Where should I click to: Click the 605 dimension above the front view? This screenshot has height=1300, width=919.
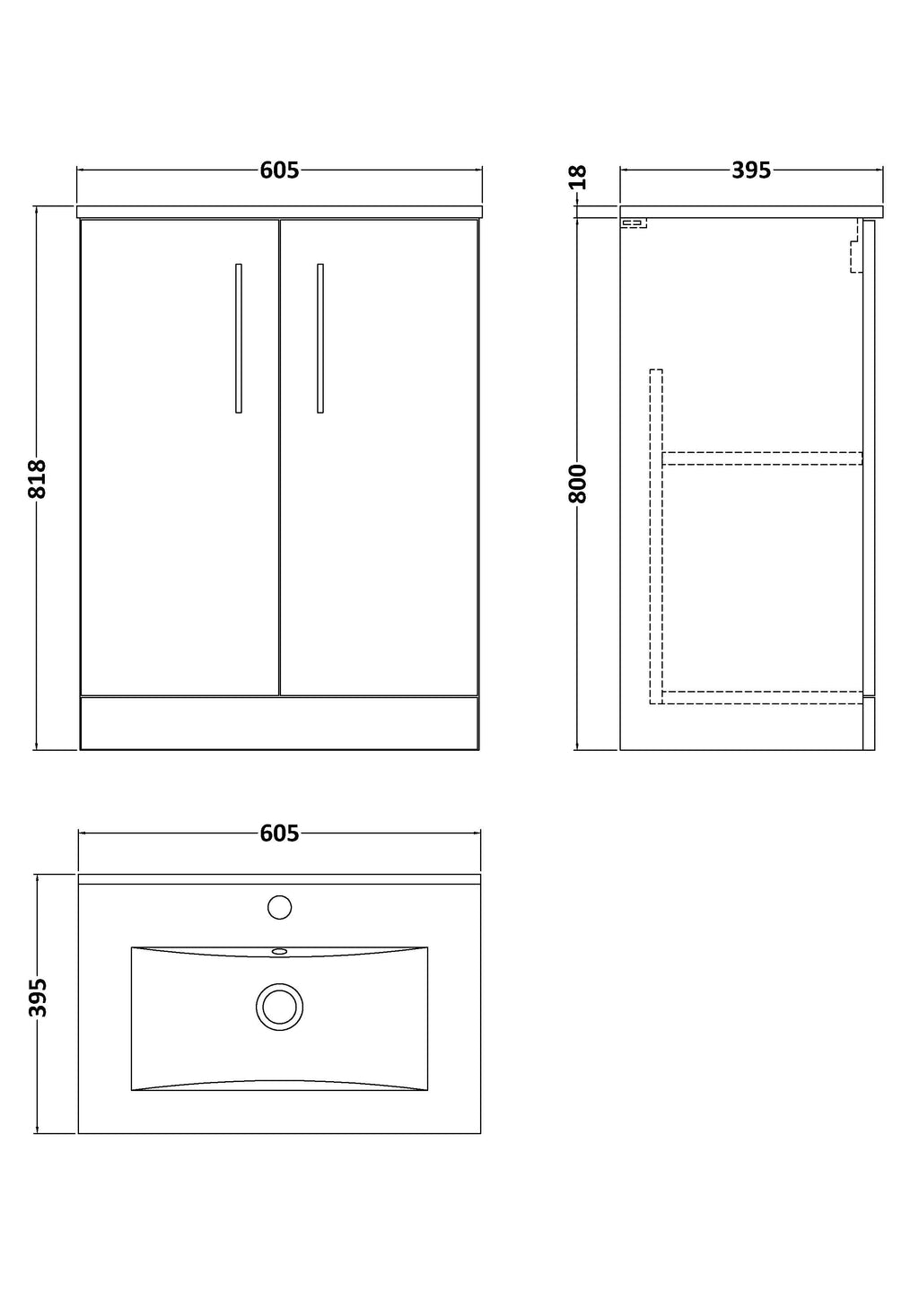tap(279, 170)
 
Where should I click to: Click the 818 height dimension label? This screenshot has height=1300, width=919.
tap(37, 479)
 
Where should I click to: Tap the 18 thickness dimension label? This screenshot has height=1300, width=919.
tap(578, 177)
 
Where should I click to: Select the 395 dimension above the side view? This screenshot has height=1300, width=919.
tap(751, 170)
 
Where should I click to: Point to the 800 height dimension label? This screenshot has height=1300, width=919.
tap(578, 484)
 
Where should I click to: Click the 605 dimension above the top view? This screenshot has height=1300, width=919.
tap(279, 833)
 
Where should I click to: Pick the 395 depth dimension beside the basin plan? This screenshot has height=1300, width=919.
tap(37, 998)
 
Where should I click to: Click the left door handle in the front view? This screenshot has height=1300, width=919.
tap(239, 338)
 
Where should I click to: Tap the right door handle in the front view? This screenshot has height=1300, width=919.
tap(320, 338)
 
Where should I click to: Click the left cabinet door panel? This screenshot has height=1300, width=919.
tap(180, 458)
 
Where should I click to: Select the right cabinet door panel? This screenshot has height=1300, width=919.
tap(379, 458)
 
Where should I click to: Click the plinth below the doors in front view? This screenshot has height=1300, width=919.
tap(279, 723)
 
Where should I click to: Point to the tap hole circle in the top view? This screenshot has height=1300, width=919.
tap(280, 907)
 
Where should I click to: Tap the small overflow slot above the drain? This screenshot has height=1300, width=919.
tap(280, 952)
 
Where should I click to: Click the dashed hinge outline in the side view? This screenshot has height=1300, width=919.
tap(854, 246)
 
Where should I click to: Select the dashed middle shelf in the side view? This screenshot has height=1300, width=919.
tap(762, 458)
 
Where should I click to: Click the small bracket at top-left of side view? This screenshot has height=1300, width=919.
tap(634, 222)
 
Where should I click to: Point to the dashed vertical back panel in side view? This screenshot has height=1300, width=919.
tap(656, 537)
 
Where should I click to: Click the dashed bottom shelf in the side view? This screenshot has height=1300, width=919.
tap(762, 698)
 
